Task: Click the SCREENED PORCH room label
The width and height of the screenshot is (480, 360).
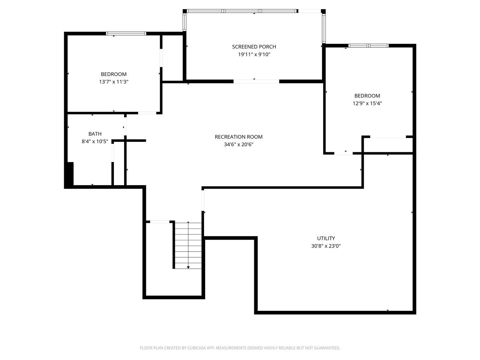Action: (254, 46)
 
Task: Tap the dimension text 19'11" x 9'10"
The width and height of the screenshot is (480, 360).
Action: (254, 54)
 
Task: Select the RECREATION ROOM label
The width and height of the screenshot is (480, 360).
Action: (238, 136)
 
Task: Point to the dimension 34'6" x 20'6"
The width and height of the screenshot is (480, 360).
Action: (238, 144)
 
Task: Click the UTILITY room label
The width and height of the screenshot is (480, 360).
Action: (326, 238)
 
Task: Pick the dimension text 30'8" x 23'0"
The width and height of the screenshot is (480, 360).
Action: (326, 246)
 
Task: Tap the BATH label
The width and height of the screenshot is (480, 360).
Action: (95, 133)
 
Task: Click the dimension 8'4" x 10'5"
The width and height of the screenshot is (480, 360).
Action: (95, 141)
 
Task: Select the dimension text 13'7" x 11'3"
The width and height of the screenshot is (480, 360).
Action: (114, 81)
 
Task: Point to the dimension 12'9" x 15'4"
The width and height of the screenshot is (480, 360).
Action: (367, 103)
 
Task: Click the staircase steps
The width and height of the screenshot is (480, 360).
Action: (188, 246)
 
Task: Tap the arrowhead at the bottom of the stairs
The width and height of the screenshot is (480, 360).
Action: (188, 267)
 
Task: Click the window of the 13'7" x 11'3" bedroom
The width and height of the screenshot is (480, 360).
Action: (126, 33)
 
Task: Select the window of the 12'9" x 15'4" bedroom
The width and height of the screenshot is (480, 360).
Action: (369, 45)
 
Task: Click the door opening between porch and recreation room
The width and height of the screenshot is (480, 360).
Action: (256, 81)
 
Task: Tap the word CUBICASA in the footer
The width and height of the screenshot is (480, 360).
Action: (197, 348)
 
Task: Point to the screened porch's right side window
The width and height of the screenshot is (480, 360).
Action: (324, 28)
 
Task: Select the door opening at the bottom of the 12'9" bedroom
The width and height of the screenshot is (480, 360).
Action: (343, 153)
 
